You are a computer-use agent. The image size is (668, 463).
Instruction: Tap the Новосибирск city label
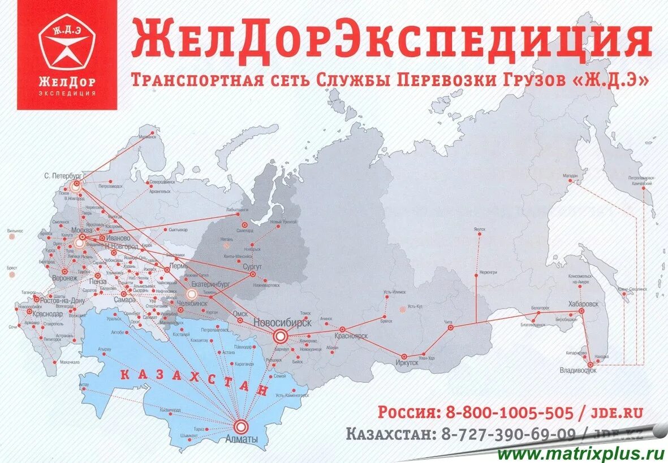[x=282, y=323]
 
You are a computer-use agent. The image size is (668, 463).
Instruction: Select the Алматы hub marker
[x=242, y=426]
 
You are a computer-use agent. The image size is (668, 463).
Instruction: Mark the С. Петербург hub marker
[x=76, y=185]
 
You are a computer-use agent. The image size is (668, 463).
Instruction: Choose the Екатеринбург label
[x=210, y=285]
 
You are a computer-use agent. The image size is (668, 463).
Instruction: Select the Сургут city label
[x=252, y=265]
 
